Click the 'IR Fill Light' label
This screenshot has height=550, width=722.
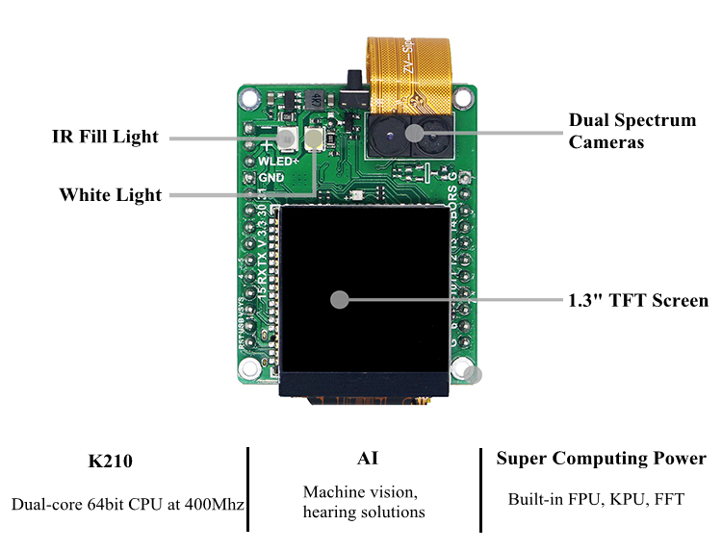pos(105,137)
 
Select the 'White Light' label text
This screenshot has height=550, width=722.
pos(111,195)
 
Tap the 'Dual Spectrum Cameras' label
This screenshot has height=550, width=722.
pos(632,131)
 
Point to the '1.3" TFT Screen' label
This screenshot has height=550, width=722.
pos(638,300)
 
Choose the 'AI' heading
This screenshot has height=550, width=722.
pos(366,458)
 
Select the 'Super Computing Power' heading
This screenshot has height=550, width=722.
pos(601,459)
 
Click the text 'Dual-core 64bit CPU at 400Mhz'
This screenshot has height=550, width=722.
pos(128,504)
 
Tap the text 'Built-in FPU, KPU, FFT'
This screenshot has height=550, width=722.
pos(596,499)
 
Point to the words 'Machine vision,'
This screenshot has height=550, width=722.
pos(360,492)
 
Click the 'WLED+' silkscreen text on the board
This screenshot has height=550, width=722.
pos(275,162)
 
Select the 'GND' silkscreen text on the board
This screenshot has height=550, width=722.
pos(271,177)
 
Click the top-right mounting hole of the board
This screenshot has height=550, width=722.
pos(465,97)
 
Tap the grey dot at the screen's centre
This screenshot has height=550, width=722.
pos(339,299)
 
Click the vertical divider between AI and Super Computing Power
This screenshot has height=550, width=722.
pos(479,488)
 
